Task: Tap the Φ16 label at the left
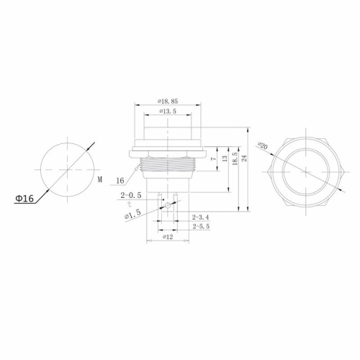click(x=23, y=198)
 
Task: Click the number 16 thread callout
click(x=120, y=180)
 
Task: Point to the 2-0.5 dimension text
click(x=130, y=195)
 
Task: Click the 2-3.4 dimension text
click(x=201, y=217)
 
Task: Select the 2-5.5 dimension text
click(x=201, y=227)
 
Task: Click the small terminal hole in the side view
click(x=168, y=205)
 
